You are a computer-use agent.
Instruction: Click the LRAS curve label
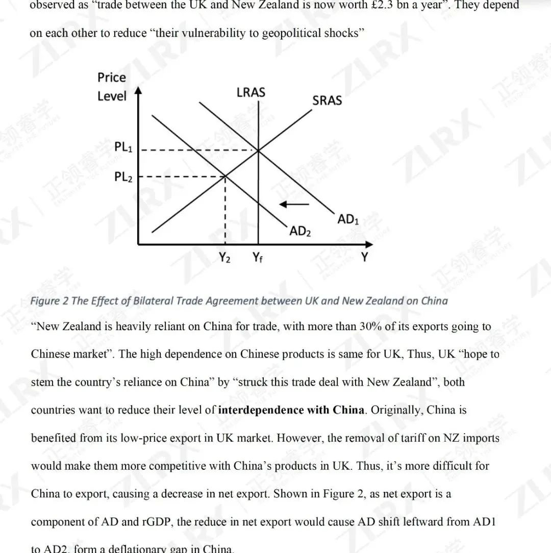(x=251, y=93)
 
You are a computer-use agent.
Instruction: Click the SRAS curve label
(x=327, y=101)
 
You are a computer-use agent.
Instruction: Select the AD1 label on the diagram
(x=348, y=220)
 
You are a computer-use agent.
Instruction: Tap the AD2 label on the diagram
(x=300, y=232)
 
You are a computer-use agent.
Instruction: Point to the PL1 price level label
(x=123, y=147)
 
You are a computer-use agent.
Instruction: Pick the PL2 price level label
(x=123, y=177)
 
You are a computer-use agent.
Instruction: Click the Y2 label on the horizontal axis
(x=224, y=258)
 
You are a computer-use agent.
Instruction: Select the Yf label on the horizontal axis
(x=258, y=258)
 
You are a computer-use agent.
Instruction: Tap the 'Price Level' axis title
(x=112, y=87)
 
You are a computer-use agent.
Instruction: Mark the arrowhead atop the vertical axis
(x=138, y=92)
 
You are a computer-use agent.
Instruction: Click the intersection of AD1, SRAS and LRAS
(x=258, y=150)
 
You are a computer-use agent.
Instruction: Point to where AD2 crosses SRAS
(x=225, y=177)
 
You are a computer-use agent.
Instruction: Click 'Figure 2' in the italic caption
(x=49, y=300)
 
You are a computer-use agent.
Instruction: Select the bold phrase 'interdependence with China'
(x=291, y=410)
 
